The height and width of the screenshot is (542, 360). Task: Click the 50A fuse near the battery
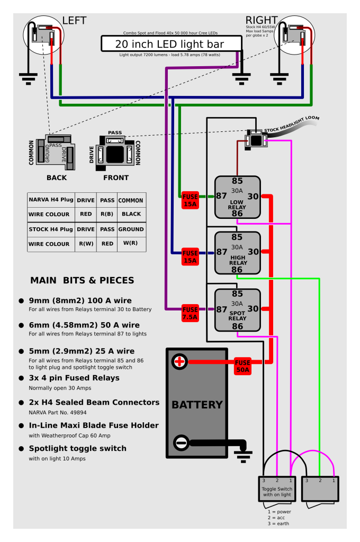coord(242,366)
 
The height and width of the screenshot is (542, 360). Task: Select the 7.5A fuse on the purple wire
coord(190,313)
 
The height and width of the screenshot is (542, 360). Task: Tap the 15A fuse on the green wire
coord(190,200)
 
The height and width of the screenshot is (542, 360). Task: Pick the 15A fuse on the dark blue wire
coord(190,257)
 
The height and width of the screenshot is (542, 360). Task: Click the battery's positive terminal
coord(179,362)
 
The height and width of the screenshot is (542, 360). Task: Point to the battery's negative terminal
coord(181,442)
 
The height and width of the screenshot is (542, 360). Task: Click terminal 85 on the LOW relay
coord(237,181)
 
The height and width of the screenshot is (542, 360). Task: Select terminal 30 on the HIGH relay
coord(253,252)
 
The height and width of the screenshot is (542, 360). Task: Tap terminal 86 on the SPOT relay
coord(237,326)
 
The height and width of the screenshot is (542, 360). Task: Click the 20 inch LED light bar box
coord(172,43)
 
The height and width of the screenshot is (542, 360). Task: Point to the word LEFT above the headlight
coord(74,21)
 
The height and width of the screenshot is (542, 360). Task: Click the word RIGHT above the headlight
coord(262,20)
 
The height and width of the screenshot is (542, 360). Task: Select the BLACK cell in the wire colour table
coord(131,214)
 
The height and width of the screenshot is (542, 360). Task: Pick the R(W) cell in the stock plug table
coord(86,244)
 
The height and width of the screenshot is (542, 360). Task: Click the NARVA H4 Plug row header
coord(51,200)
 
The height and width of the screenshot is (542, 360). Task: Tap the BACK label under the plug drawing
coord(57,177)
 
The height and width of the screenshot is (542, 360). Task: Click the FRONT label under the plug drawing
coord(116,177)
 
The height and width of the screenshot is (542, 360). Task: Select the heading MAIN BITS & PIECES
coord(82,280)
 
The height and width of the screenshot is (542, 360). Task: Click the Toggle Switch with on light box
coord(277,489)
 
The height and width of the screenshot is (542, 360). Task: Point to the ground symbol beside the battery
coord(243,456)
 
